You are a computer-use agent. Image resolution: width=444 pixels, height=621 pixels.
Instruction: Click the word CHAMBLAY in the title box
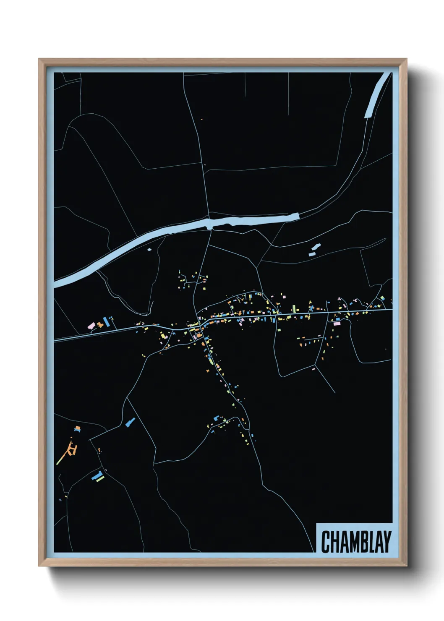[356, 542]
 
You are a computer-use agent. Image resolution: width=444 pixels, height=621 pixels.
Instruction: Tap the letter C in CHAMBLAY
[326, 542]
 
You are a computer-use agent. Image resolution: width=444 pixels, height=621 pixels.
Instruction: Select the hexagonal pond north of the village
[316, 247]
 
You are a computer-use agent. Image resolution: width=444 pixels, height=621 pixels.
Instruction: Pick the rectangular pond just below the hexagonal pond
[312, 254]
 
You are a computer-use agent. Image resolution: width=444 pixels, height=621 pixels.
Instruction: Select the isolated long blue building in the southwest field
[130, 422]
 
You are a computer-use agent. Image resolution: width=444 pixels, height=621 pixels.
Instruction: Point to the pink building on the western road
[91, 325]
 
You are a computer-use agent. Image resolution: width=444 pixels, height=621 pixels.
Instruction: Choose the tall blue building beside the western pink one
[106, 322]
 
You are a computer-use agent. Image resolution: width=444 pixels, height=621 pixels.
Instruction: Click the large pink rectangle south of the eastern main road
[337, 323]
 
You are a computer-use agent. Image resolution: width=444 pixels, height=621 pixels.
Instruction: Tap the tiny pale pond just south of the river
[149, 250]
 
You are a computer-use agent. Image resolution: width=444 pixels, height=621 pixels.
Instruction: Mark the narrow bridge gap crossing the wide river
[210, 224]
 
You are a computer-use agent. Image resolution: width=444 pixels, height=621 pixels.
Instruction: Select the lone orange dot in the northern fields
[202, 119]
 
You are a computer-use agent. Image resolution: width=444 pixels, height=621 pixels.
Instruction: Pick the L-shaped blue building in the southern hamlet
[217, 418]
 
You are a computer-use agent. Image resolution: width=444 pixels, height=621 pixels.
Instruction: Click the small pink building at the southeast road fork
[313, 369]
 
